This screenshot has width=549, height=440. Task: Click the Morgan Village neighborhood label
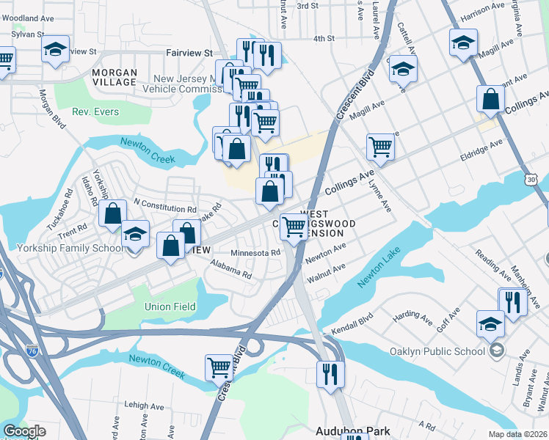point(114,77)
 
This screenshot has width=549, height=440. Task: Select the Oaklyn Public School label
point(439,350)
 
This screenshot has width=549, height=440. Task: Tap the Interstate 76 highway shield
point(32,351)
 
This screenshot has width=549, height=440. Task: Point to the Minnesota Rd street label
point(255,253)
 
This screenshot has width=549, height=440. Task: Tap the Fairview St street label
point(189,53)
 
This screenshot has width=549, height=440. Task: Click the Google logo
point(24,432)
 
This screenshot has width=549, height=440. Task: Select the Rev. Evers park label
point(95,112)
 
